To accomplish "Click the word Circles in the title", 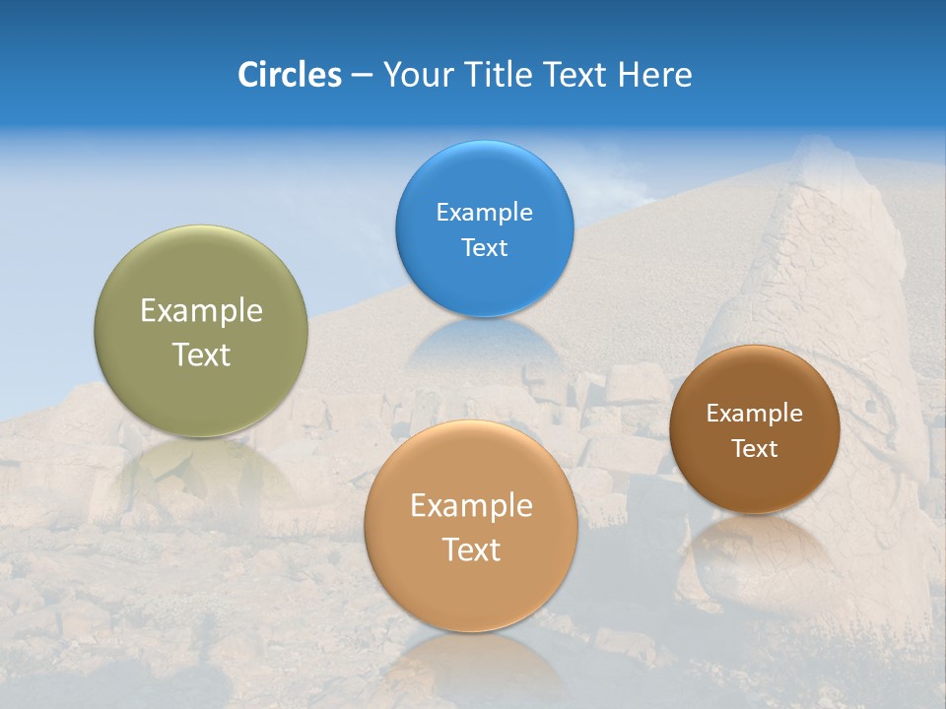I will pyautogui.click(x=289, y=75).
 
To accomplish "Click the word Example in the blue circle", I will pyautogui.click(x=485, y=213).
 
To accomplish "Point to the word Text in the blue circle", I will pyautogui.click(x=485, y=248).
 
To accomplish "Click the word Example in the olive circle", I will pyautogui.click(x=201, y=311).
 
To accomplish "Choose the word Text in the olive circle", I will pyautogui.click(x=201, y=354).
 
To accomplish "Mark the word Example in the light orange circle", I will pyautogui.click(x=471, y=506).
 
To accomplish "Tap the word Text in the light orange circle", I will pyautogui.click(x=471, y=549).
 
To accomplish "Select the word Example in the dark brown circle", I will pyautogui.click(x=755, y=414).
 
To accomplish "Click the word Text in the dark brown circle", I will pyautogui.click(x=755, y=449).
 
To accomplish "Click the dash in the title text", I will pyautogui.click(x=362, y=76).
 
